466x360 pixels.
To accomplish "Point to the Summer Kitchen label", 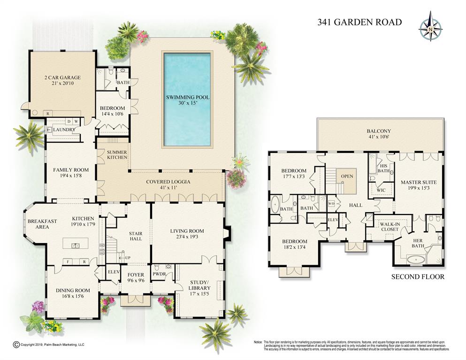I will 117,155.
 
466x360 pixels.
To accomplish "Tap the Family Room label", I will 70,173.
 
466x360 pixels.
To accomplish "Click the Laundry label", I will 64,130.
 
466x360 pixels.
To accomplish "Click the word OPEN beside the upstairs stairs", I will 347,177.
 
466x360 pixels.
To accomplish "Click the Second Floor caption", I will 418,277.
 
